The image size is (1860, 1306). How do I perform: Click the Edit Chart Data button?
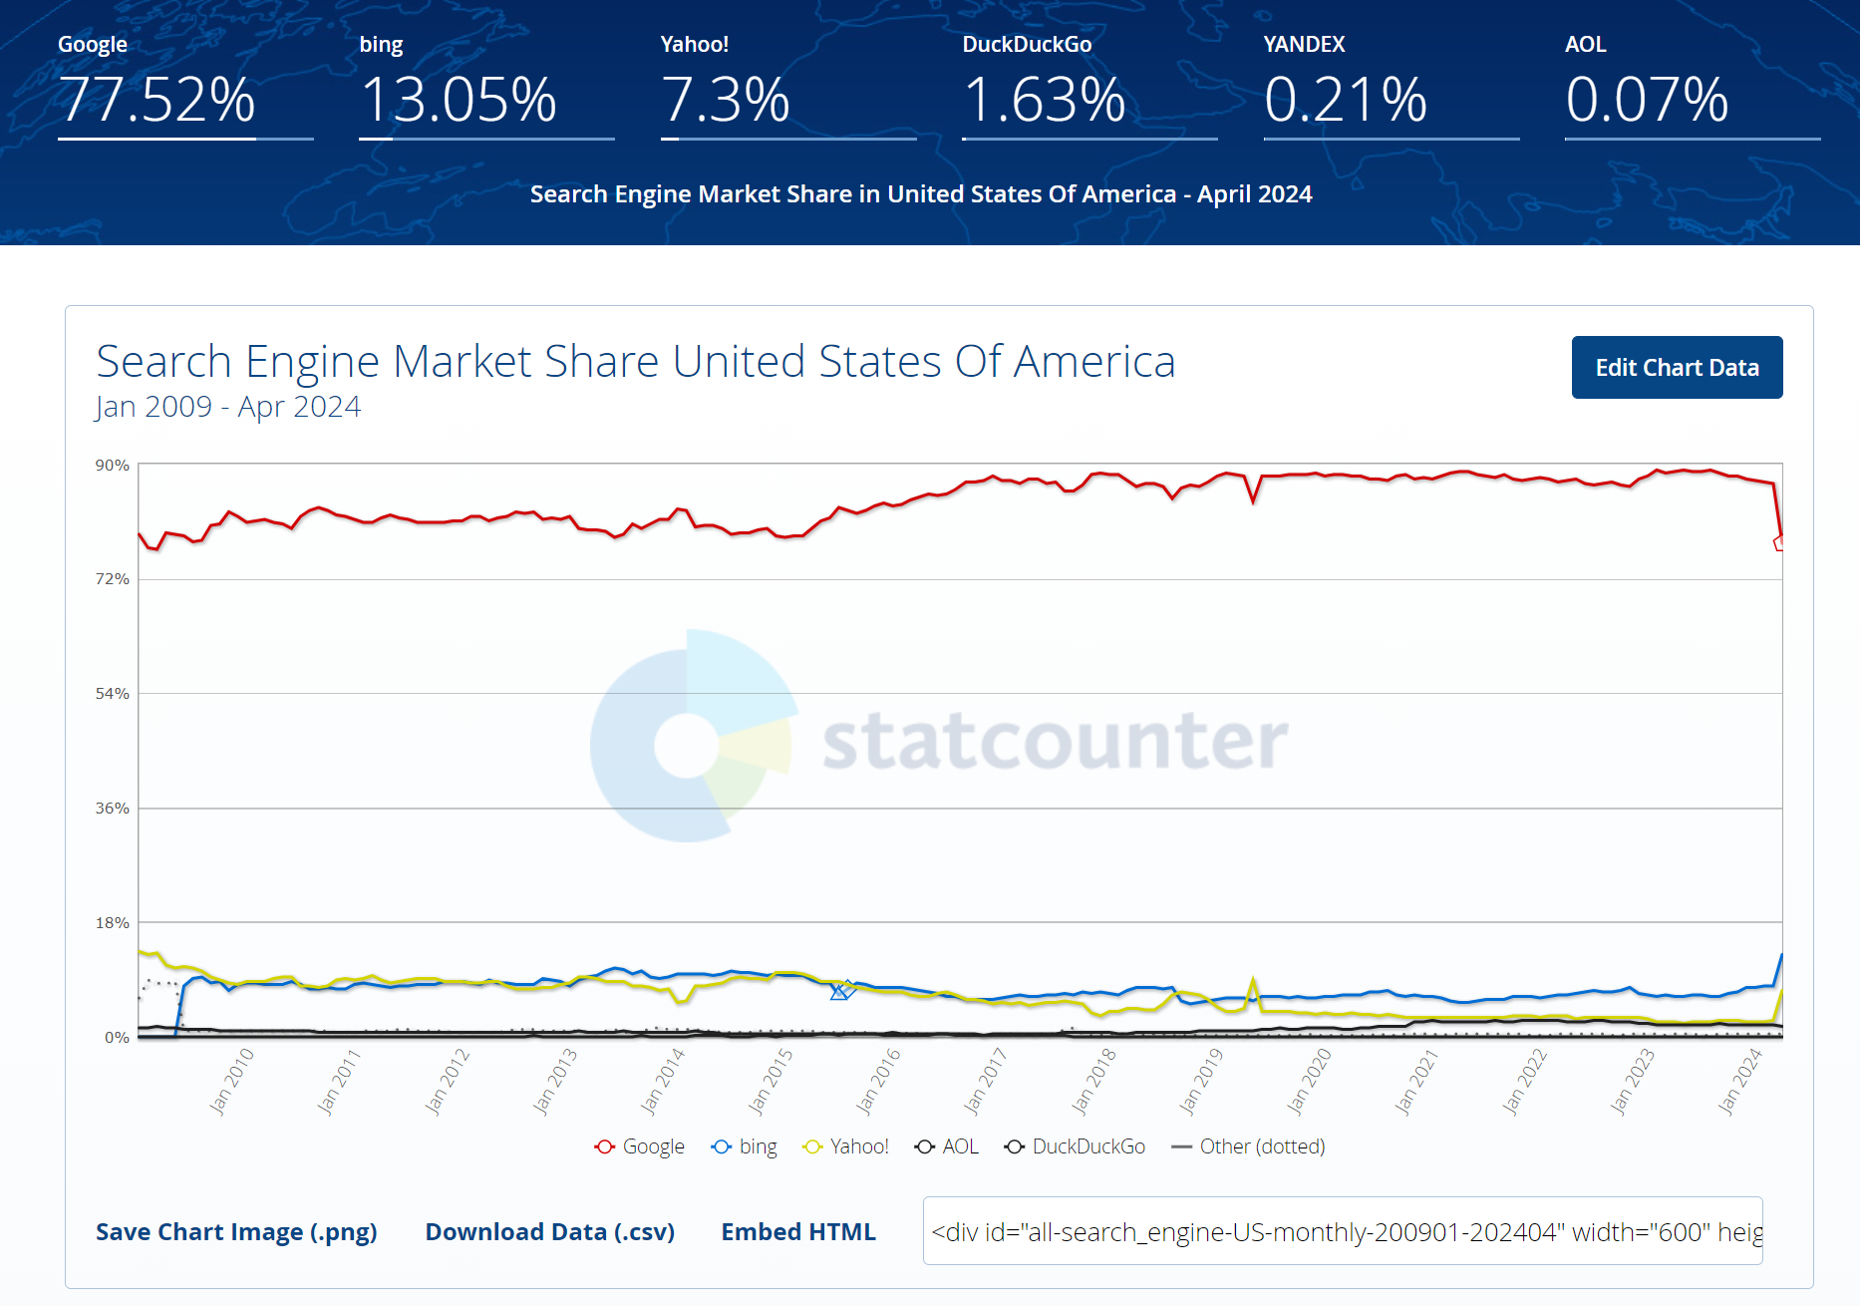click(x=1677, y=367)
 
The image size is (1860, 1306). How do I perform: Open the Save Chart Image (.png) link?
click(x=236, y=1232)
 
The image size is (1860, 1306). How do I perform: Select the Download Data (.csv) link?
click(x=550, y=1232)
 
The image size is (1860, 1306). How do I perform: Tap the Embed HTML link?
click(x=798, y=1232)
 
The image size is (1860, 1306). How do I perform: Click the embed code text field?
click(x=1343, y=1231)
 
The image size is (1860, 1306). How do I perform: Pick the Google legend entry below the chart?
click(x=640, y=1146)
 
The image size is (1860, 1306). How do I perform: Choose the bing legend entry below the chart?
click(x=745, y=1146)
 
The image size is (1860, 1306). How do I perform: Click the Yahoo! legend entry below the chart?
click(x=846, y=1146)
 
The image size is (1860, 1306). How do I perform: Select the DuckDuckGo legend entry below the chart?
click(x=1076, y=1146)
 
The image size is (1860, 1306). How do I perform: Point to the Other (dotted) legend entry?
click(x=1249, y=1146)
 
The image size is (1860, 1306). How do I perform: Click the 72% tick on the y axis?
click(x=113, y=579)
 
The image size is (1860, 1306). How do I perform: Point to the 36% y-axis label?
click(x=113, y=809)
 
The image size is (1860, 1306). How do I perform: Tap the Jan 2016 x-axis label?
click(x=878, y=1081)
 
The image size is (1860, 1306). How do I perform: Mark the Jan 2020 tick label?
click(x=1309, y=1081)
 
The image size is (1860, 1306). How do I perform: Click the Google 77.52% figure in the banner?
click(x=157, y=100)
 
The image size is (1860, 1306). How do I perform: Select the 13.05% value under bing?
click(x=459, y=100)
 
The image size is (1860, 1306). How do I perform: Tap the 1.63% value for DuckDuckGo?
click(x=1045, y=100)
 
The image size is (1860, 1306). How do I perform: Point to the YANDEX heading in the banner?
click(x=1304, y=44)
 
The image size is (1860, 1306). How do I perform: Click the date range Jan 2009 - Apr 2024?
click(x=228, y=407)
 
